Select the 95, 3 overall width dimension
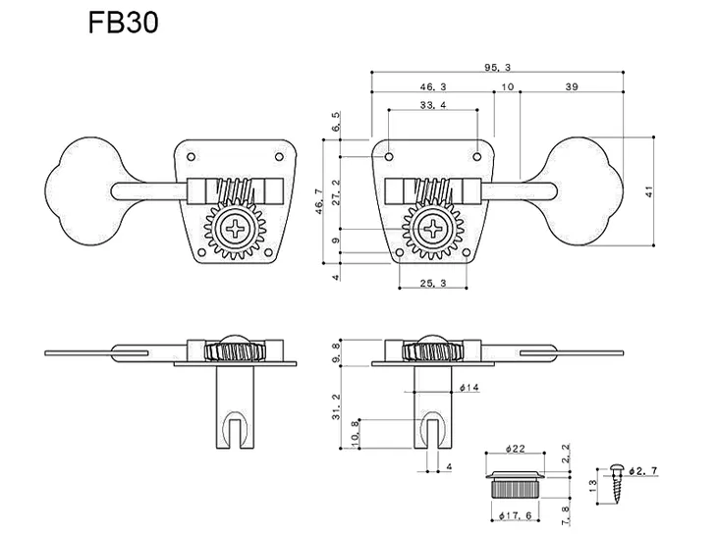click(498, 66)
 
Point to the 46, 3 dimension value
click(433, 86)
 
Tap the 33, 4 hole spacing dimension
click(433, 105)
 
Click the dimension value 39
click(572, 86)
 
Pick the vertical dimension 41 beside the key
click(648, 191)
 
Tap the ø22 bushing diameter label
click(517, 449)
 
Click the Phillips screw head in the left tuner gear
click(237, 232)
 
